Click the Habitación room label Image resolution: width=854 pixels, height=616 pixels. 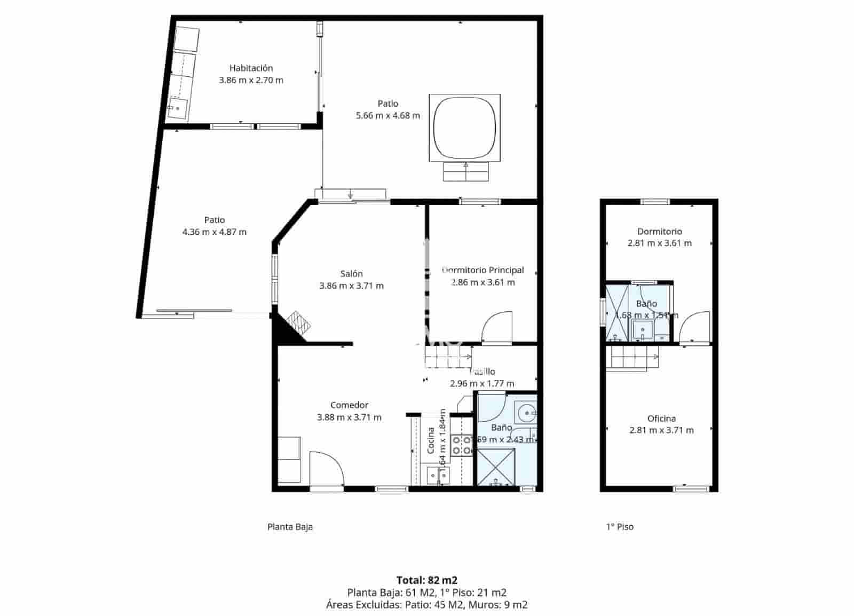(251, 68)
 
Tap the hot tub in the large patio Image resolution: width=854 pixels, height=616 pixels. (465, 128)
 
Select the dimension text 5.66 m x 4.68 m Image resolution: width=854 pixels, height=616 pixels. (388, 115)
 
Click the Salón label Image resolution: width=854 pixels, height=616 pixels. (351, 274)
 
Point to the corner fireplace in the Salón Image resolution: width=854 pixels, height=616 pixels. (298, 323)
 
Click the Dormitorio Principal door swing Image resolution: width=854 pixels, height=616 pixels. (497, 327)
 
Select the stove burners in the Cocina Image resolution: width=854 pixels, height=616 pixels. (461, 445)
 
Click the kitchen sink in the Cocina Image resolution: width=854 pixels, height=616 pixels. (438, 474)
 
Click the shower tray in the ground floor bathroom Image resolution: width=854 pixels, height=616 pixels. (496, 468)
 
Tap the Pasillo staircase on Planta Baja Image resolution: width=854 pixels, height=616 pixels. (447, 357)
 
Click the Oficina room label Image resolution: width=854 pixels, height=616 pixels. (661, 418)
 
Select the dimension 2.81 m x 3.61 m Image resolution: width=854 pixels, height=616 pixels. (659, 243)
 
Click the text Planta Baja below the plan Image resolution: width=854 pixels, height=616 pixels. (290, 527)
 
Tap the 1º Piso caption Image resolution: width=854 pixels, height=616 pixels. (619, 527)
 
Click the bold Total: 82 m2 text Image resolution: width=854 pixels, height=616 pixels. (426, 580)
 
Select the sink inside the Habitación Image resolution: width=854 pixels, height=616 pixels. (177, 108)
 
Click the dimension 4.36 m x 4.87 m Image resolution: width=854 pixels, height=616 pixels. (214, 232)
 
